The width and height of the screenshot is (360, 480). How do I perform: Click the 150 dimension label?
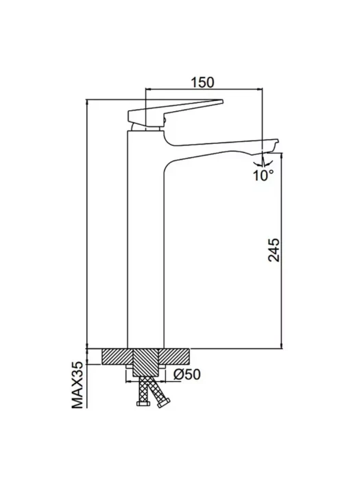(203, 82)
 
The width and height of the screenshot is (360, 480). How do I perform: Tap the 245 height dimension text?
(274, 250)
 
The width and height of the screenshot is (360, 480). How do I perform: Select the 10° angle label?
(263, 175)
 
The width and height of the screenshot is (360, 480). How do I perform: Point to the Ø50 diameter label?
(187, 374)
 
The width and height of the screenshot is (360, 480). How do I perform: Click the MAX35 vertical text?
(77, 385)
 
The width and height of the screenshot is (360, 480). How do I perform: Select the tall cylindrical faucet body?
(145, 239)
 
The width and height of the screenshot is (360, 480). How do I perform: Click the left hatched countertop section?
(117, 357)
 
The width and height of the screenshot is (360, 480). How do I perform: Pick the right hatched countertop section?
(174, 357)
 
